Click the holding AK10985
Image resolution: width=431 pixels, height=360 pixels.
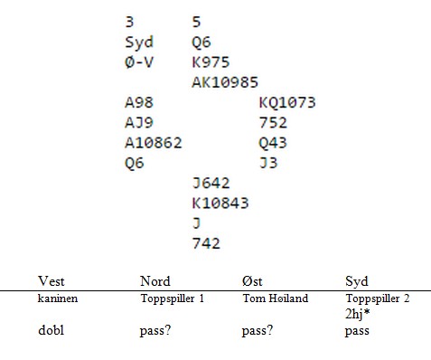coord(225,82)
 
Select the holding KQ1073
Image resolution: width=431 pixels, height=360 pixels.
coord(287,102)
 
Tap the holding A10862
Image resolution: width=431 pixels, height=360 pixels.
coord(154,143)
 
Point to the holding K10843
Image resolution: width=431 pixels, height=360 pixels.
coord(220,204)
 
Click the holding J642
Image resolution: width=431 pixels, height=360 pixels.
coord(211,183)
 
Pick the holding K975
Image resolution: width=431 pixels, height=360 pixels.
coord(211,62)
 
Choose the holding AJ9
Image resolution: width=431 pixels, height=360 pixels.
coord(139,122)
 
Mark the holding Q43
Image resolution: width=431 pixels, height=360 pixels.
coord(273,143)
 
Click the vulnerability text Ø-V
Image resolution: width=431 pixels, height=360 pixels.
coord(139,62)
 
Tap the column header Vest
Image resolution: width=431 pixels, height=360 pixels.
coord(52,281)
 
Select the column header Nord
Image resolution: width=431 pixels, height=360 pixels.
coord(155,281)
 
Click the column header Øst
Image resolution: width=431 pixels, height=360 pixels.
coord(252,281)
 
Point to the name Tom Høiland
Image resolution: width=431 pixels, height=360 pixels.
coord(276,298)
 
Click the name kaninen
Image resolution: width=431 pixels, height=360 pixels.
coord(58,298)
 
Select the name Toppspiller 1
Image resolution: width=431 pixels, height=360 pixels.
coord(173,298)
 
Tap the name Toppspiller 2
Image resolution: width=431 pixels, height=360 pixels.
coord(378,298)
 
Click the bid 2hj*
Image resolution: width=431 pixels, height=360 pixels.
coord(358,314)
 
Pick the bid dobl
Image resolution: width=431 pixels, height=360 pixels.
coord(52,330)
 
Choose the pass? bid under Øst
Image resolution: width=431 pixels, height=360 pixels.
coord(258,331)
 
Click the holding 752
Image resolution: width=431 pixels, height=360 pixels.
coord(273,122)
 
